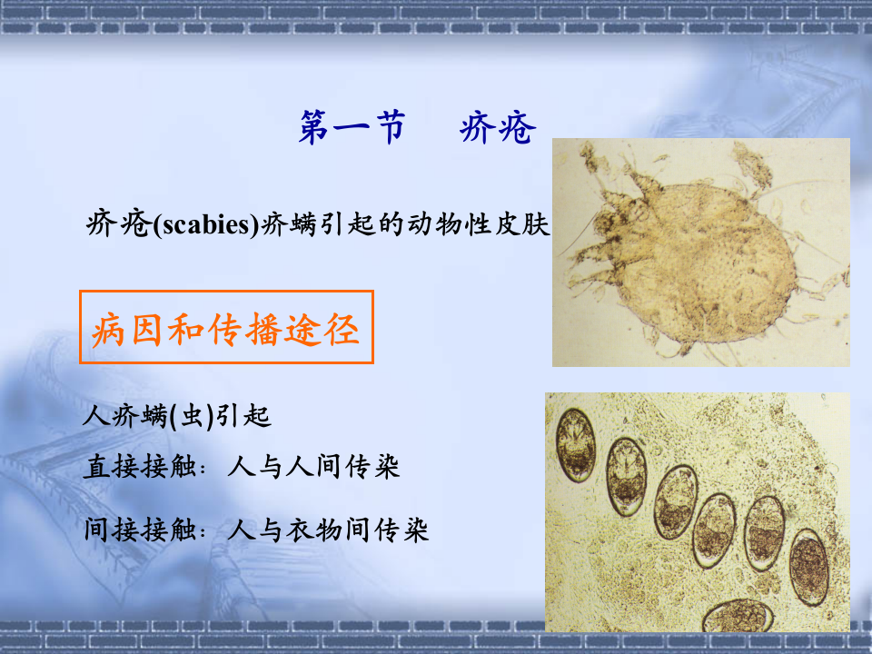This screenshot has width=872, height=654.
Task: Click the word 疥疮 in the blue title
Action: click(x=498, y=128)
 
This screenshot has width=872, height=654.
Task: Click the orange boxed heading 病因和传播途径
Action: click(x=226, y=328)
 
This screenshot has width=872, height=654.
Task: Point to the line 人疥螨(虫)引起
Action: click(x=176, y=417)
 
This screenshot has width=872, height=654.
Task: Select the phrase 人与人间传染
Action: click(x=313, y=467)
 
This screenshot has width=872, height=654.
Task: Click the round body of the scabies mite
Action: click(x=708, y=259)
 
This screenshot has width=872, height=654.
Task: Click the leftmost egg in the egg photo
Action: click(x=575, y=444)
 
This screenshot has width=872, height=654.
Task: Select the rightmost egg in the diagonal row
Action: click(x=808, y=567)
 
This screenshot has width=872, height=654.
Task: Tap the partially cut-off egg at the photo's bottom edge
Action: click(x=737, y=617)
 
